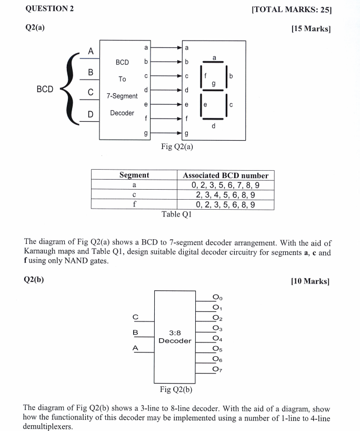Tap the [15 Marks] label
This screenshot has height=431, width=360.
point(311,28)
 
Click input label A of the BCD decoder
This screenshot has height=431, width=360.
point(91,51)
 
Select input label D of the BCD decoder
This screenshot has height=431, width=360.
point(91,114)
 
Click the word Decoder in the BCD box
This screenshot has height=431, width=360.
point(122,113)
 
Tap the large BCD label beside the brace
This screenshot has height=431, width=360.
point(45,89)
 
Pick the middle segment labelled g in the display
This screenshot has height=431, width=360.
point(213,83)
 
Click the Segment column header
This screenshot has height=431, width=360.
point(134,175)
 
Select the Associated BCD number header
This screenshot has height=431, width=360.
point(225,175)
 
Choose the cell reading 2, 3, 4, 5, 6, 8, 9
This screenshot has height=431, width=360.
point(225,195)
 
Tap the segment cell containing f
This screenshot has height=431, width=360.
point(134,204)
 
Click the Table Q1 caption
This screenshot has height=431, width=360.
point(177,214)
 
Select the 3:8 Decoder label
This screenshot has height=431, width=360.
point(175,337)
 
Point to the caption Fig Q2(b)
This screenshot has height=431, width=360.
point(176,390)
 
